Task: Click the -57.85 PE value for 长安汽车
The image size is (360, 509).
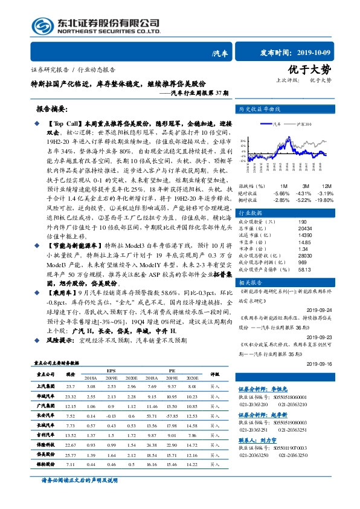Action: pyautogui.click(x=173, y=398)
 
